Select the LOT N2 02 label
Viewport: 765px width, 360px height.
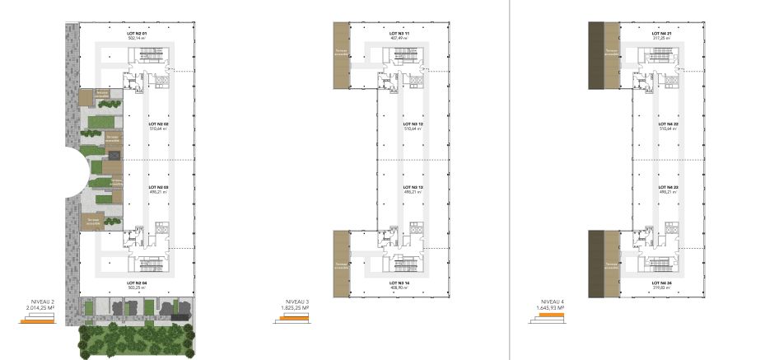159,124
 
